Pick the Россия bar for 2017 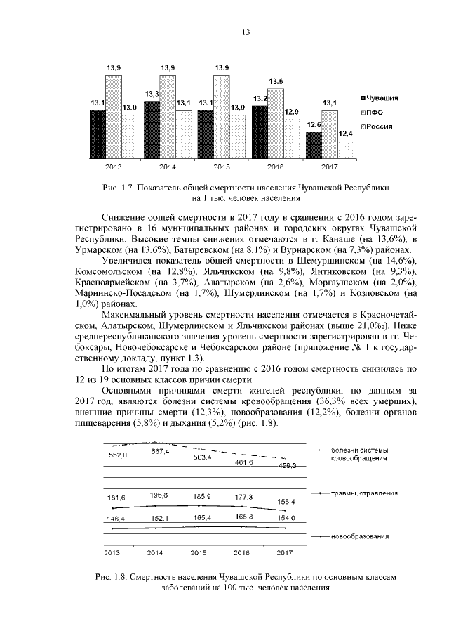tap(345, 150)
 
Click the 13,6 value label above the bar tap(276, 82)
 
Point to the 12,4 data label tap(345, 134)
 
